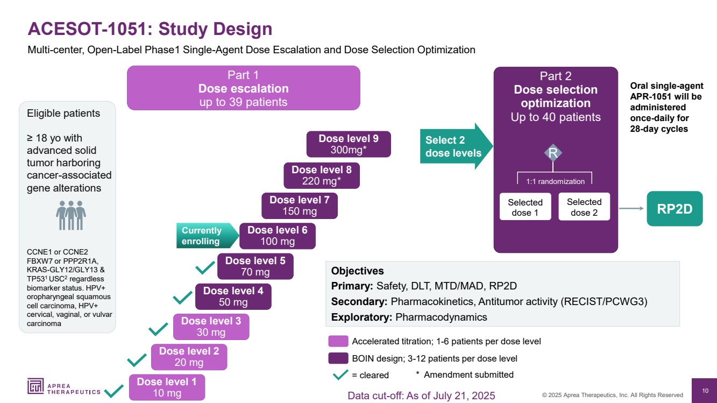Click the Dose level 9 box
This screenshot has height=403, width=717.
coord(348,144)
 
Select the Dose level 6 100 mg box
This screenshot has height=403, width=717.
coord(277,236)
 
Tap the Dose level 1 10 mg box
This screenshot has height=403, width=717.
coord(167,387)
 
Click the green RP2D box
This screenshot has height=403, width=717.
coord(675,209)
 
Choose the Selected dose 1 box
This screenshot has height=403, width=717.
coord(525,207)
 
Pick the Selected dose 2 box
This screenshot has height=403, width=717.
coord(584,207)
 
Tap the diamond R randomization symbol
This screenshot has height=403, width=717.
coord(553,153)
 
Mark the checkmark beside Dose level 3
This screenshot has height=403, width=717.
coord(159,328)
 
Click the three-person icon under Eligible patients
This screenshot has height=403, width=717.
coord(71,216)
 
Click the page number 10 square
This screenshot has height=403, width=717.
coord(705,391)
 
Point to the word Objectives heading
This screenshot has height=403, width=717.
coord(357,271)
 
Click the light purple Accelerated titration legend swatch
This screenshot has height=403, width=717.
coord(338,342)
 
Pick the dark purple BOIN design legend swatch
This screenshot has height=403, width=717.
coord(338,358)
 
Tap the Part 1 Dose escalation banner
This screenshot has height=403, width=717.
coord(243,88)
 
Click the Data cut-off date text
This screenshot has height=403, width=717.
coord(421,396)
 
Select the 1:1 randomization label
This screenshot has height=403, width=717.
coord(555,181)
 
